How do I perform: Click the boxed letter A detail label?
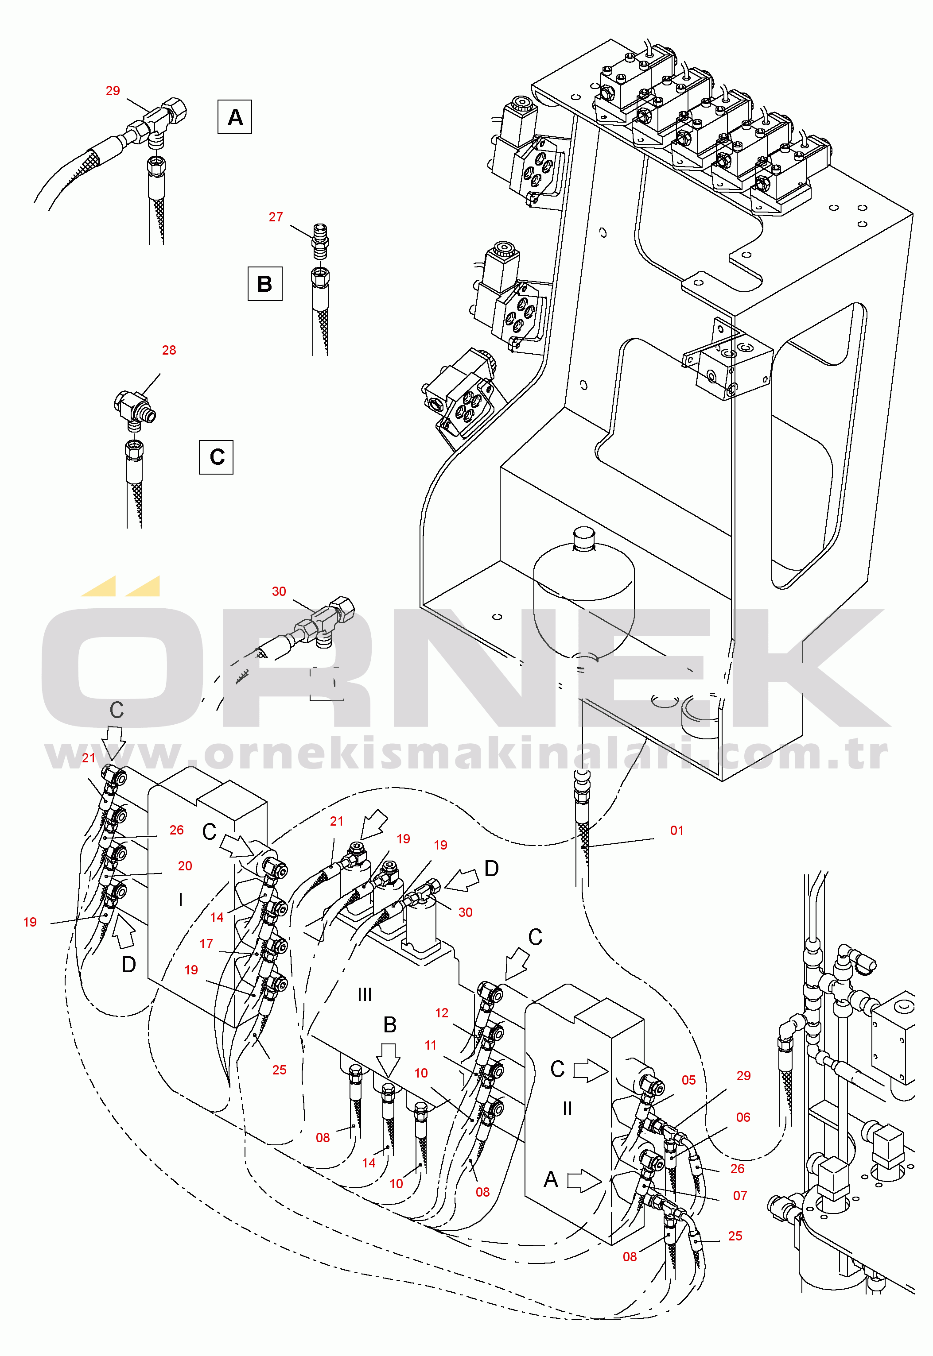[234, 117]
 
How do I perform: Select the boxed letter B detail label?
[265, 284]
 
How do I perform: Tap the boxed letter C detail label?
[216, 457]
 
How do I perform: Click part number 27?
[276, 217]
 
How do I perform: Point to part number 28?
[169, 350]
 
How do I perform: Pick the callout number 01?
[677, 830]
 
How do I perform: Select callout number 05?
[688, 1080]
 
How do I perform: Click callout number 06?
[743, 1117]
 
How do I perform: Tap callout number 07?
[740, 1195]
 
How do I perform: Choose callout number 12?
[442, 1012]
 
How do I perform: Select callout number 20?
[185, 866]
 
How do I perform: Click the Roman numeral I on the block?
[181, 900]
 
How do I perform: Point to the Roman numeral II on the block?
[567, 1108]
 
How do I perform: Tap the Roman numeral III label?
[364, 994]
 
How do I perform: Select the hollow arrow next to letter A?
[584, 1181]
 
